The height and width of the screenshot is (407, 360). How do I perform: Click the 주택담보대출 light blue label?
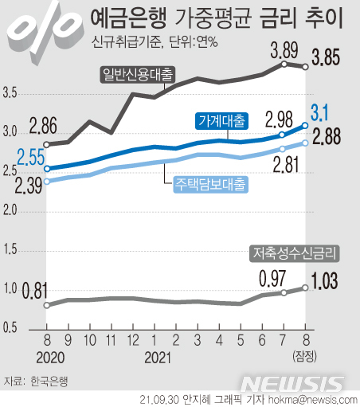click(x=211, y=183)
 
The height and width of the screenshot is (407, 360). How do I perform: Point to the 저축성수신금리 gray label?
click(x=295, y=253)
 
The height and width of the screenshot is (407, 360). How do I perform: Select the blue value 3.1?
click(x=324, y=112)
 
